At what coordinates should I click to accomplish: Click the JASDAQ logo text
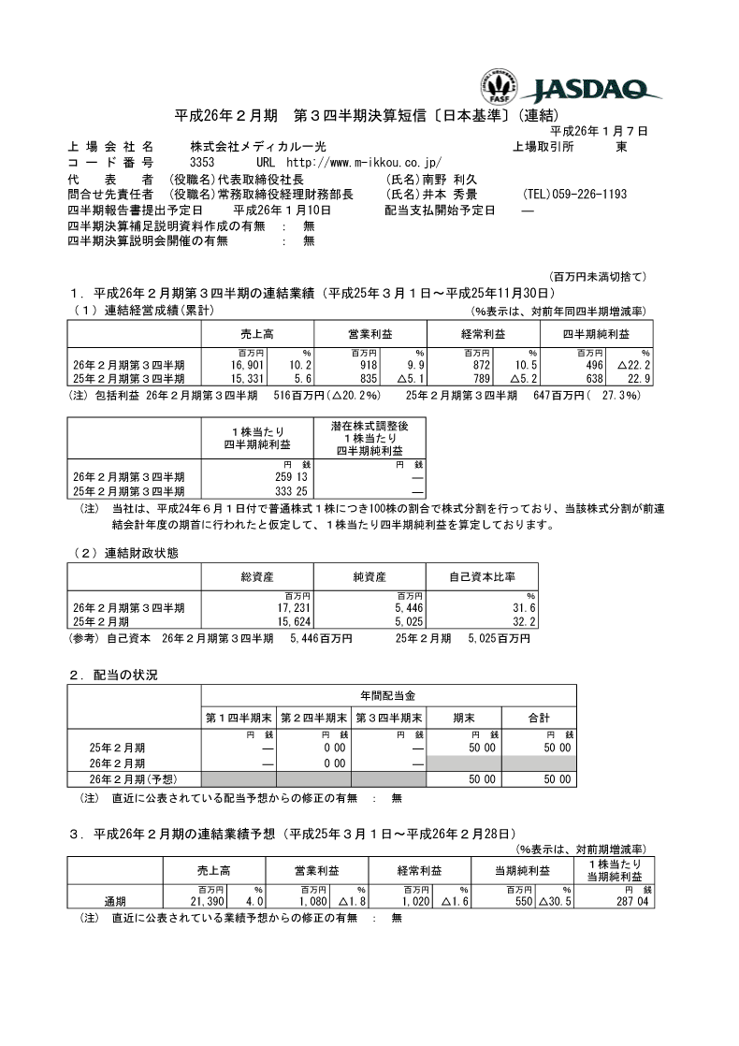click(x=597, y=91)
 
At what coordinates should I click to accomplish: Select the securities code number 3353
click(x=203, y=163)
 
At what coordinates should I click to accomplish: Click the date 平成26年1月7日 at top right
click(x=598, y=132)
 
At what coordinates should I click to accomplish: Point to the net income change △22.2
click(x=632, y=364)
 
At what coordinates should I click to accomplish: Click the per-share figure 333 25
click(x=268, y=490)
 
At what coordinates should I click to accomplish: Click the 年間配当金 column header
click(x=388, y=696)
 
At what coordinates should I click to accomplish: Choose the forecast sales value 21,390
click(x=207, y=900)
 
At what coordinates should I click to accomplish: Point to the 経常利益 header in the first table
click(x=483, y=334)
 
